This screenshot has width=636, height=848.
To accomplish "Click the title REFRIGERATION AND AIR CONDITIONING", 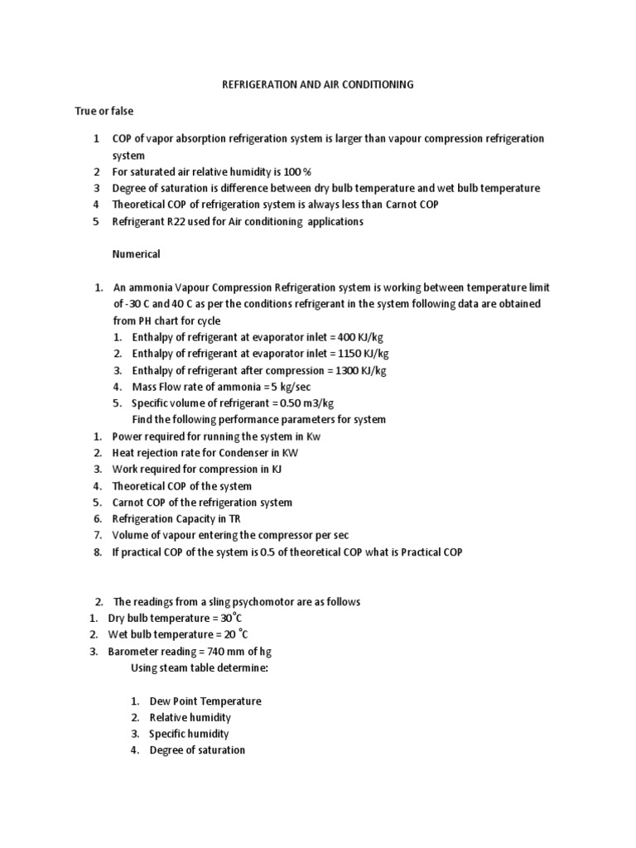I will (x=318, y=84).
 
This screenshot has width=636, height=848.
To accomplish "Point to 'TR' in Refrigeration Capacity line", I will (x=233, y=519).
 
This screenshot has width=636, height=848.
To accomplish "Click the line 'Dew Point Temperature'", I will (x=205, y=701).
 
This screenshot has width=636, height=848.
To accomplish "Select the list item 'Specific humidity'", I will (x=189, y=734).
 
